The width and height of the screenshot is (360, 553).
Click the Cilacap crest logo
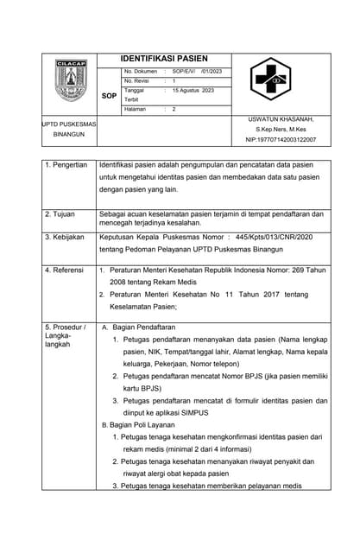point(70,81)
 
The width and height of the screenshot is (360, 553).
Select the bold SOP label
point(109,96)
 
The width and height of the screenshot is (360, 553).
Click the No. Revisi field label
point(137,80)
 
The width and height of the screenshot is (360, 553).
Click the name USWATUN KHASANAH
point(281,119)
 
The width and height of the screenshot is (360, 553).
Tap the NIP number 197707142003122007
point(281,139)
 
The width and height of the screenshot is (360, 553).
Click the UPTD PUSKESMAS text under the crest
point(70,124)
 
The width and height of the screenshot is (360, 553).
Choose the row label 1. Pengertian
point(66,164)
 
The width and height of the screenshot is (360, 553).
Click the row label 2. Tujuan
point(60,213)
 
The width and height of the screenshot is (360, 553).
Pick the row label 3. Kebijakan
point(65,235)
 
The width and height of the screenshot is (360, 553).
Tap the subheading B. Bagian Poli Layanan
point(138,425)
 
